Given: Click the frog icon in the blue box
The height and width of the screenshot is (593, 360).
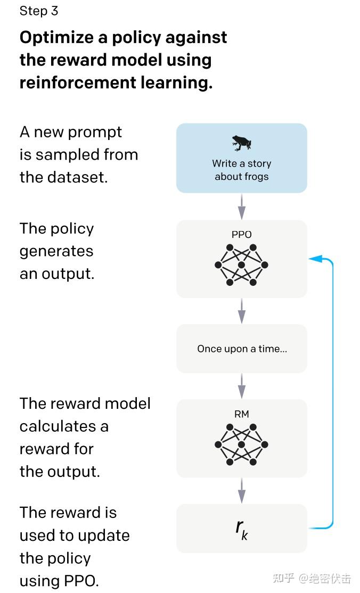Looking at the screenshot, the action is pos(242,143).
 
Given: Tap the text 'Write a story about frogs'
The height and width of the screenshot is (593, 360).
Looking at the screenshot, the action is pos(242,170).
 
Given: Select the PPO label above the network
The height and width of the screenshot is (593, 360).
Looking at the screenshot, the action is pos(242,234).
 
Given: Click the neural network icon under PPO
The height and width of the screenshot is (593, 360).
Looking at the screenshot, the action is pos(242,265).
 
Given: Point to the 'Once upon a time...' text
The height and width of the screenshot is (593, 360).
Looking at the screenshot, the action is pos(242,349).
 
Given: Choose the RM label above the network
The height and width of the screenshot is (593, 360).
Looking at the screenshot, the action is pos(242,414).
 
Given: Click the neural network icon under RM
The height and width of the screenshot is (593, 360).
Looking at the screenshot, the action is pos(242,444).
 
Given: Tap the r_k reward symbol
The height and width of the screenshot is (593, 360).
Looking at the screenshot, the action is pos(242,529).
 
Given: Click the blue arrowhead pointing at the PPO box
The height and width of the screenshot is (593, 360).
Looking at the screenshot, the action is pos(315,259).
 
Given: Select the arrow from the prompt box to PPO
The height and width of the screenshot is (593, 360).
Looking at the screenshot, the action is pos(242,207).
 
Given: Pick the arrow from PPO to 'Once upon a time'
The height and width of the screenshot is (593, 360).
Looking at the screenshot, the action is pos(242,311).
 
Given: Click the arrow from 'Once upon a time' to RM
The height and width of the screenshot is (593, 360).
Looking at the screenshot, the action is pos(242,386).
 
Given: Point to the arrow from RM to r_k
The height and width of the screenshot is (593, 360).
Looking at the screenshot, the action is pos(242,490).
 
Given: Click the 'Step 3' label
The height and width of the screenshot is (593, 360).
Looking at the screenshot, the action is pos(39,11).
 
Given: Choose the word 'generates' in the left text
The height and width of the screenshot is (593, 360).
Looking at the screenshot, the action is pos(56,251).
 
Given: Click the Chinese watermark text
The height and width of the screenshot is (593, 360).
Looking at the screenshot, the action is pos(312,578).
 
